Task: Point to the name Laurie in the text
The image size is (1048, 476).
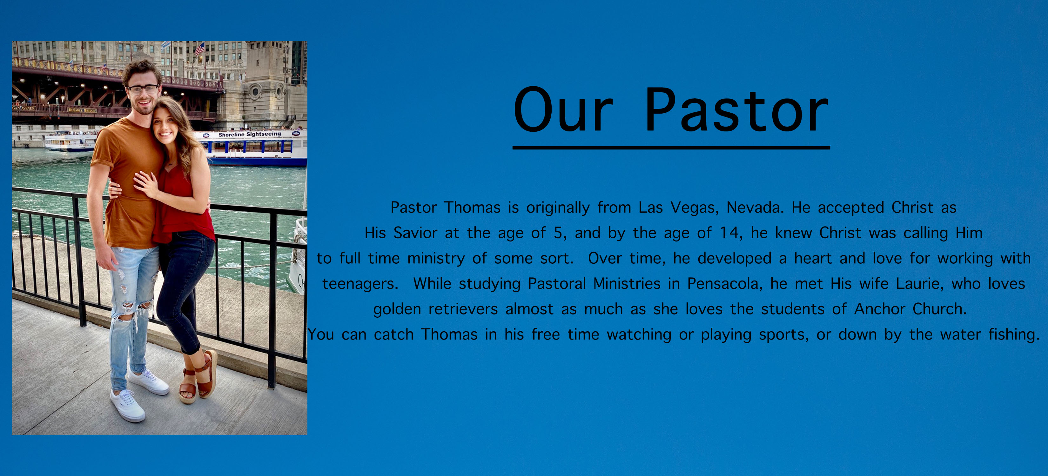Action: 920,284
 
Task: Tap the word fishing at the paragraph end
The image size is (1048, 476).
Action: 1014,334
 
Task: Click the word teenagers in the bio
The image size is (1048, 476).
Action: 360,284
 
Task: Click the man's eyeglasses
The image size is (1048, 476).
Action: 143,89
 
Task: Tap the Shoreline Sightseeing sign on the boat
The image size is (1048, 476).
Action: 249,134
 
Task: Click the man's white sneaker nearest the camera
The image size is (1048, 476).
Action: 127,405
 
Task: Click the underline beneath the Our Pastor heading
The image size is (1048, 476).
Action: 671,148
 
